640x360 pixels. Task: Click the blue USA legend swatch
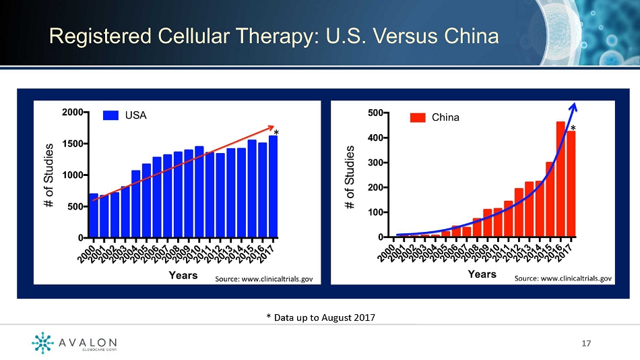[x=110, y=115]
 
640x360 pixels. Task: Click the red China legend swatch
[x=418, y=118]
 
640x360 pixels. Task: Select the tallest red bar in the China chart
[x=561, y=179]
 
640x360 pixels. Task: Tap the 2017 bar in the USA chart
[x=273, y=187]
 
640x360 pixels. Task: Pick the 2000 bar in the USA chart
[x=94, y=216]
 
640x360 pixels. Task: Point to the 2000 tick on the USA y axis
[x=86, y=113]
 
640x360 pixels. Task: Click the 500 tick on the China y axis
[x=386, y=113]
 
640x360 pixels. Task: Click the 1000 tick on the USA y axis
[x=86, y=175]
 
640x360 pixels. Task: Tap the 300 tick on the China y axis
[x=386, y=162]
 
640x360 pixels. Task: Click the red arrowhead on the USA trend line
[x=271, y=128]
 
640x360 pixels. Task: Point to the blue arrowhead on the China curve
[x=573, y=107]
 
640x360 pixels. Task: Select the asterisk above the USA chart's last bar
[x=276, y=132]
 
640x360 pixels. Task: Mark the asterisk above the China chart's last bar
[x=573, y=128]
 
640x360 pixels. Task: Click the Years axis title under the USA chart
[x=183, y=276]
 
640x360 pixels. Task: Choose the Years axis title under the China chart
[x=482, y=274]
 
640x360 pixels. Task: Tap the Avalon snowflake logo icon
[x=42, y=342]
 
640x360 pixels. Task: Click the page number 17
[x=586, y=343]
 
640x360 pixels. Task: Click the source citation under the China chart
[x=563, y=278]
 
